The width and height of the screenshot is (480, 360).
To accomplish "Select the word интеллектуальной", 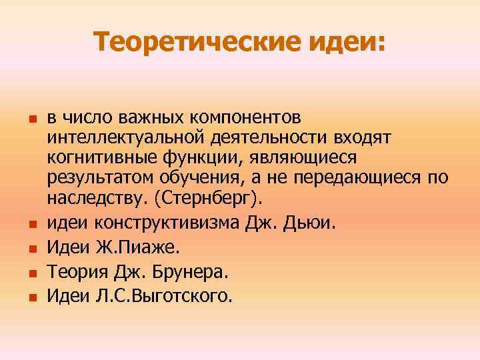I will pyautogui.click(x=126, y=137).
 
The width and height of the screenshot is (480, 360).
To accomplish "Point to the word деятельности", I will pyautogui.click(x=274, y=137).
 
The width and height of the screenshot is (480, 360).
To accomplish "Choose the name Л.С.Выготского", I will pyautogui.click(x=164, y=295).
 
